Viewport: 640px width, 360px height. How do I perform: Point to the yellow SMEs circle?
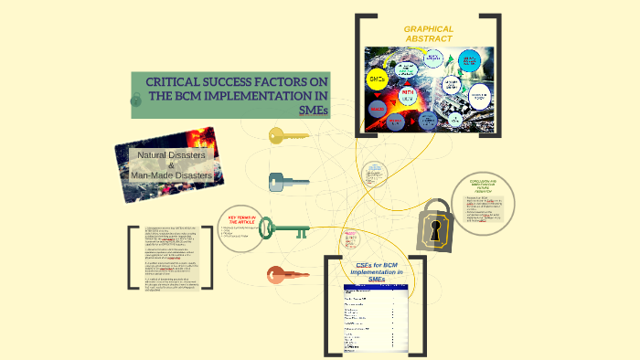[x=377, y=80]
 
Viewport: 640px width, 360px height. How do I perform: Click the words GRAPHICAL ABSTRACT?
[x=429, y=35]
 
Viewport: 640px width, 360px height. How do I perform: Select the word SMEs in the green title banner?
[x=313, y=111]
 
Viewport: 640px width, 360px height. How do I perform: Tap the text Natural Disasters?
[x=171, y=155]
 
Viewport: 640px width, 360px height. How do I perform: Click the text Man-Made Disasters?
[x=172, y=175]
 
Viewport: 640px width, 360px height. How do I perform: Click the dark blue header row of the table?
[x=376, y=289]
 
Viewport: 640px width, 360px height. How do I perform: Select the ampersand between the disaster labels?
[x=170, y=165]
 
